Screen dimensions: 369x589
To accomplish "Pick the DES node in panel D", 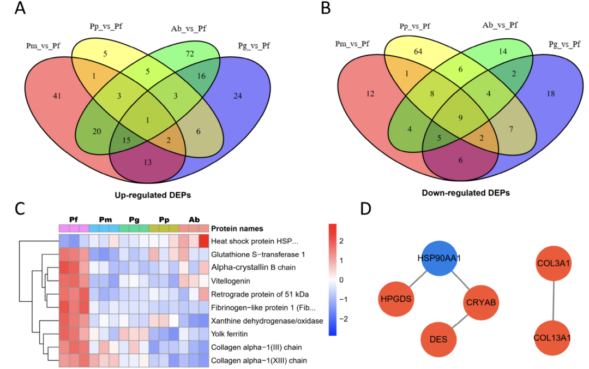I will [438, 339].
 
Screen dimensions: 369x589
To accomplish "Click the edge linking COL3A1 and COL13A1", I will [554, 301].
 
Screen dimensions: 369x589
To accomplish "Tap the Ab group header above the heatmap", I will [194, 218].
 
